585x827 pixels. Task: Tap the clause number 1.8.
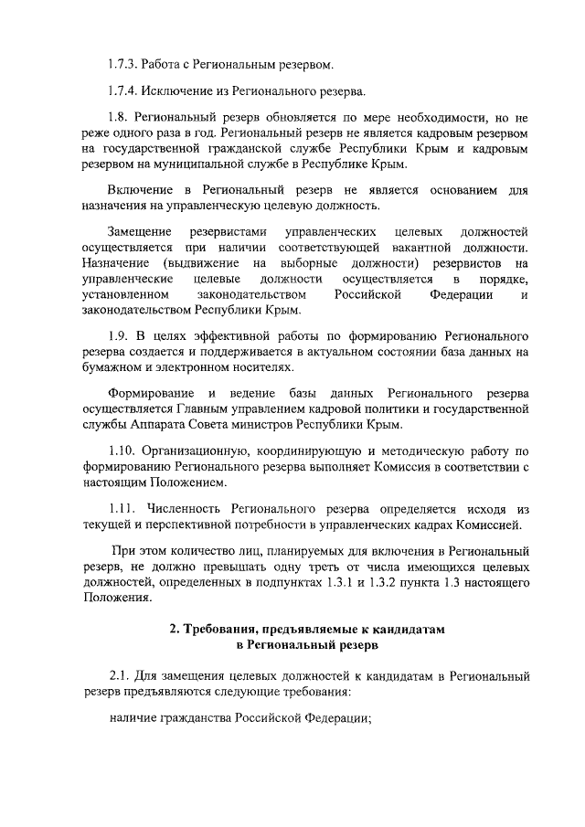(118, 119)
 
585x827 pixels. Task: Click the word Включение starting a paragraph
(138, 190)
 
